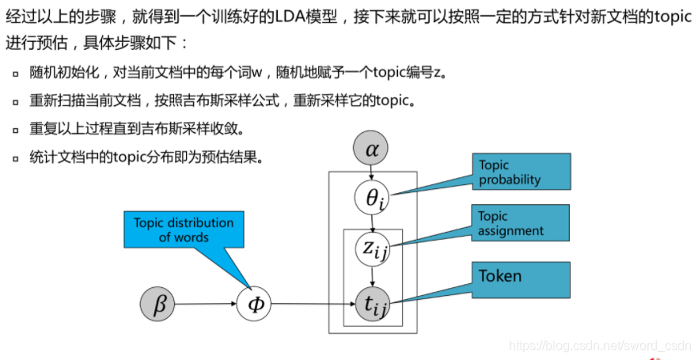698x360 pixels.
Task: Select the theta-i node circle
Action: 373,198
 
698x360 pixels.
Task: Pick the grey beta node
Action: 160,304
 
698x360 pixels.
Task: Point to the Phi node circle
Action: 255,304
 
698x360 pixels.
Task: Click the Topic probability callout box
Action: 521,172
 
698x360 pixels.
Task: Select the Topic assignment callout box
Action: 521,223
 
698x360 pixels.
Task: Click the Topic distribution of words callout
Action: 184,229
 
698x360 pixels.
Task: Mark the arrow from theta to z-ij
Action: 373,224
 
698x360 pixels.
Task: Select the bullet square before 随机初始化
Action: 15,74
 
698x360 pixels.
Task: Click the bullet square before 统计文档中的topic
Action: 15,158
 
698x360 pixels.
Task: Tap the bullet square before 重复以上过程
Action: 15,130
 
